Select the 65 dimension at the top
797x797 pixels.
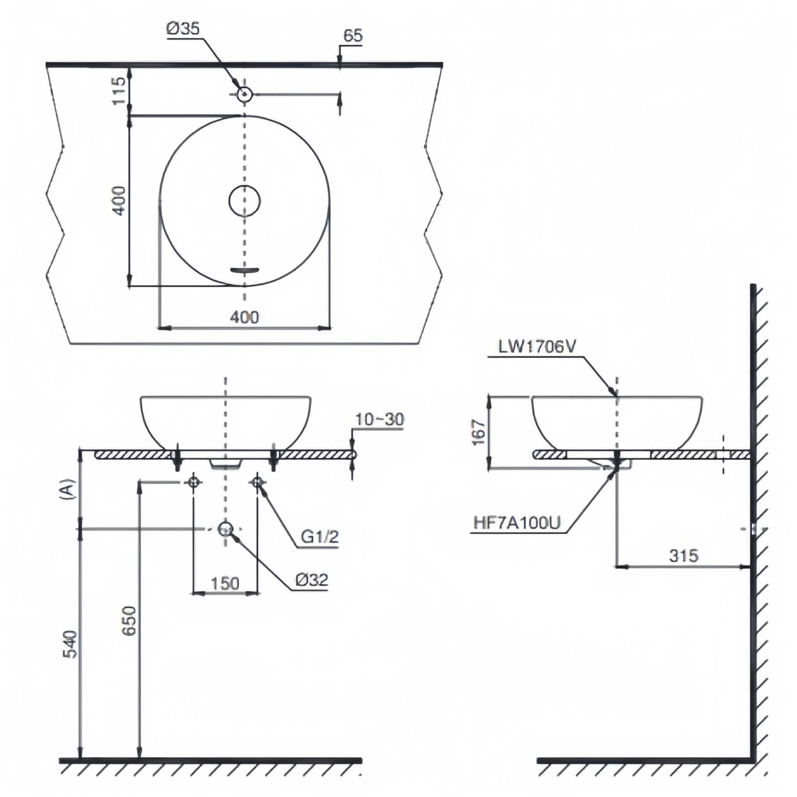coord(353,36)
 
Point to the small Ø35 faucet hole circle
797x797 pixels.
coord(245,95)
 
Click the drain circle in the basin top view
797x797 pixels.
coord(245,201)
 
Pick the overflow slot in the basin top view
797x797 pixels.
coord(245,270)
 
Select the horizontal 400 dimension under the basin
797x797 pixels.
coord(245,317)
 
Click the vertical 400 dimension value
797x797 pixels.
coord(119,201)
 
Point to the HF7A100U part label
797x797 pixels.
coord(517,523)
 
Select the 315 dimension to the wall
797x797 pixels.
coord(683,556)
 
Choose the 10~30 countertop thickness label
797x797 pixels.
coord(379,420)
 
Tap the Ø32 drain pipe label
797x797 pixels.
coord(312,580)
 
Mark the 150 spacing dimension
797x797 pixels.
coord(225,583)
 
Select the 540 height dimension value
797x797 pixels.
coord(70,644)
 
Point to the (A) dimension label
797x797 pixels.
coord(68,489)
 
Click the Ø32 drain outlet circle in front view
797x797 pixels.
coord(225,529)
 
